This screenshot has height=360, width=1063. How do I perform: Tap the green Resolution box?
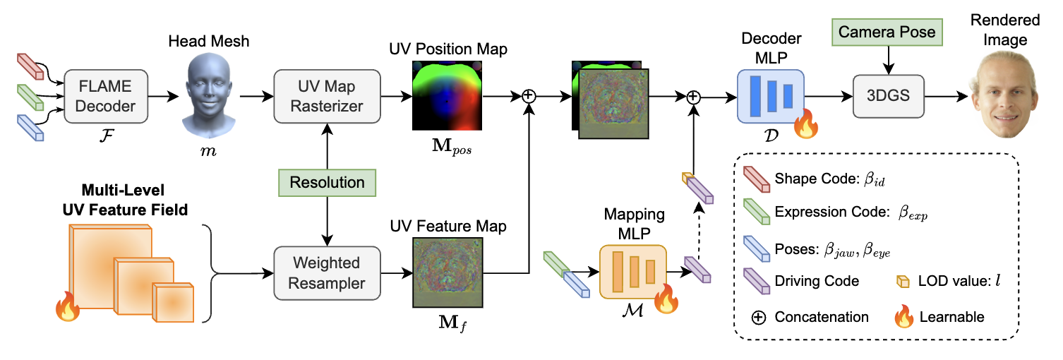pos(327,183)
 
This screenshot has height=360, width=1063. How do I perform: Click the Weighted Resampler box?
pos(326,273)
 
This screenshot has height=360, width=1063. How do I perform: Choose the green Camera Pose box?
pos(887,32)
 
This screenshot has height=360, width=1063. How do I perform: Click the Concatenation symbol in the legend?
pos(758,317)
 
